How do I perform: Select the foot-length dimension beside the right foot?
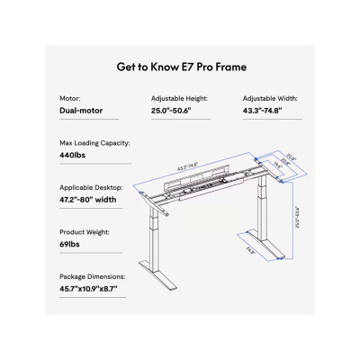[x=249, y=252]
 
